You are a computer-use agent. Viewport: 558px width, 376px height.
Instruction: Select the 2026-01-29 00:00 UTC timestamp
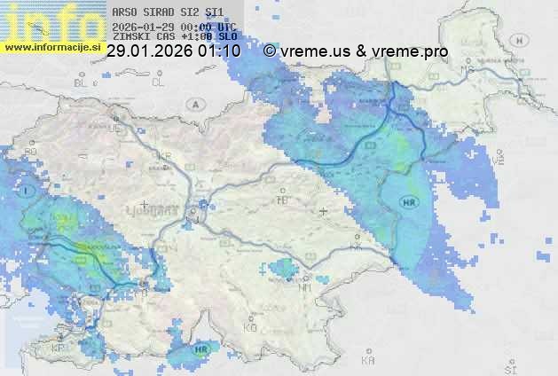(174, 27)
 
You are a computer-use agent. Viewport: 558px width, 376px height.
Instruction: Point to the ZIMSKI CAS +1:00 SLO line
(175, 37)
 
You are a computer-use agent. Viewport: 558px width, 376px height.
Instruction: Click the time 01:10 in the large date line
(221, 51)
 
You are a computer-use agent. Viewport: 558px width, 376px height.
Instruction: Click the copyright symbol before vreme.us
(270, 51)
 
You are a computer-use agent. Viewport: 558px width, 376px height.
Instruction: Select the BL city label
(83, 82)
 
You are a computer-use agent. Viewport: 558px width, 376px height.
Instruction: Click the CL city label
(158, 82)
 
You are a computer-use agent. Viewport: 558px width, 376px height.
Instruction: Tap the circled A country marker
(194, 104)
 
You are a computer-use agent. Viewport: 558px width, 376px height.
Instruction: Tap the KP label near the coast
(58, 349)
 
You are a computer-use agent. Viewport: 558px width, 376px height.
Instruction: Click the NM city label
(306, 287)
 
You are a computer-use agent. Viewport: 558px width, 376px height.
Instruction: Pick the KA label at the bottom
(368, 362)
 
